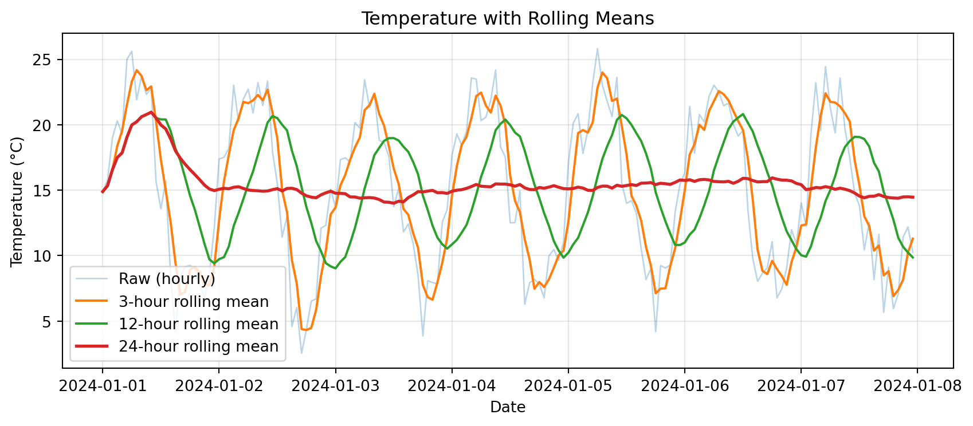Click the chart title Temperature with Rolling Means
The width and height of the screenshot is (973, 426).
(x=507, y=19)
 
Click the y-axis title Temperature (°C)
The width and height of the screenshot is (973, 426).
(x=17, y=202)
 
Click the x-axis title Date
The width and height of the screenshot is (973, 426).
(x=507, y=407)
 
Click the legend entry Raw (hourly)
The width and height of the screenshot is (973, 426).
(x=167, y=279)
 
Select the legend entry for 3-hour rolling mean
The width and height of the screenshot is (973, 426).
(x=193, y=302)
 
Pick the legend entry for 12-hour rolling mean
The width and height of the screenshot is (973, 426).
(x=198, y=324)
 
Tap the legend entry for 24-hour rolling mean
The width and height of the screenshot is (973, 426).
(x=198, y=346)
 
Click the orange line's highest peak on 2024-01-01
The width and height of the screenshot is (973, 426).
(x=136, y=70)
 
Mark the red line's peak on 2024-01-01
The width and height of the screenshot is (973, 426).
(x=151, y=112)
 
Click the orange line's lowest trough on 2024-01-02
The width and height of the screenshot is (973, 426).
(x=306, y=330)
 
